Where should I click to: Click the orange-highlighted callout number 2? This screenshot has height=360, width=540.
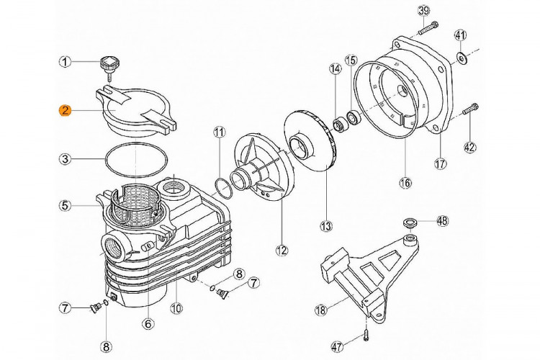[x=65, y=110]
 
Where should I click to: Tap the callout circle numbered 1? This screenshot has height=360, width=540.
[x=65, y=63]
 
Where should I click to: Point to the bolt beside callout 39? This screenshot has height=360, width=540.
[x=428, y=28]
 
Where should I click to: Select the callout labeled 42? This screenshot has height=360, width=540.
[x=469, y=148]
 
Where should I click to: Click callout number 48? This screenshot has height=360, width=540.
[x=441, y=220]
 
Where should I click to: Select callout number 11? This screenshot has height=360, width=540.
[x=219, y=132]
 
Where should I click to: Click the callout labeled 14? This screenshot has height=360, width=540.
[x=335, y=69]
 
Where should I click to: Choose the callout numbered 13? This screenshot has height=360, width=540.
[x=327, y=226]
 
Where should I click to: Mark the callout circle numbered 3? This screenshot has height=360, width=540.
[x=65, y=158]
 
